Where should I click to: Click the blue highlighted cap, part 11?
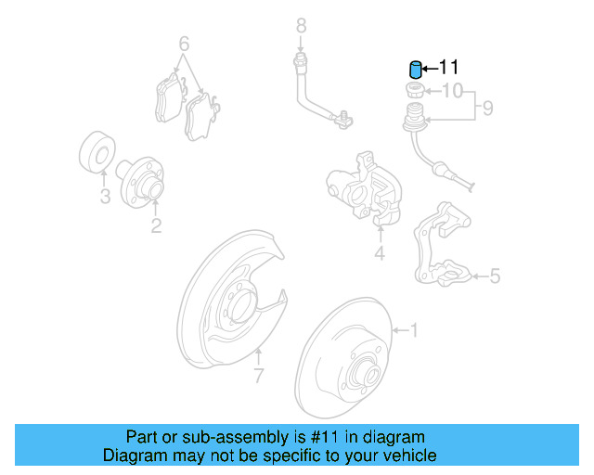416,70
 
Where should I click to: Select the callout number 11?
448,68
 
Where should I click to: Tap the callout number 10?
451,91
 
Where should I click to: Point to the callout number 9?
487,109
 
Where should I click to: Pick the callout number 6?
184,44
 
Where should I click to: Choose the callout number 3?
105,197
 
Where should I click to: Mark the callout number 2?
156,225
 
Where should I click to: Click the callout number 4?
379,253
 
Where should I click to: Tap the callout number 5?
494,276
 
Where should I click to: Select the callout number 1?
414,329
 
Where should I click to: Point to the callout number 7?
259,376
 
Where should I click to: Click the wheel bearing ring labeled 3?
96,154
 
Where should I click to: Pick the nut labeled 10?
415,91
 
